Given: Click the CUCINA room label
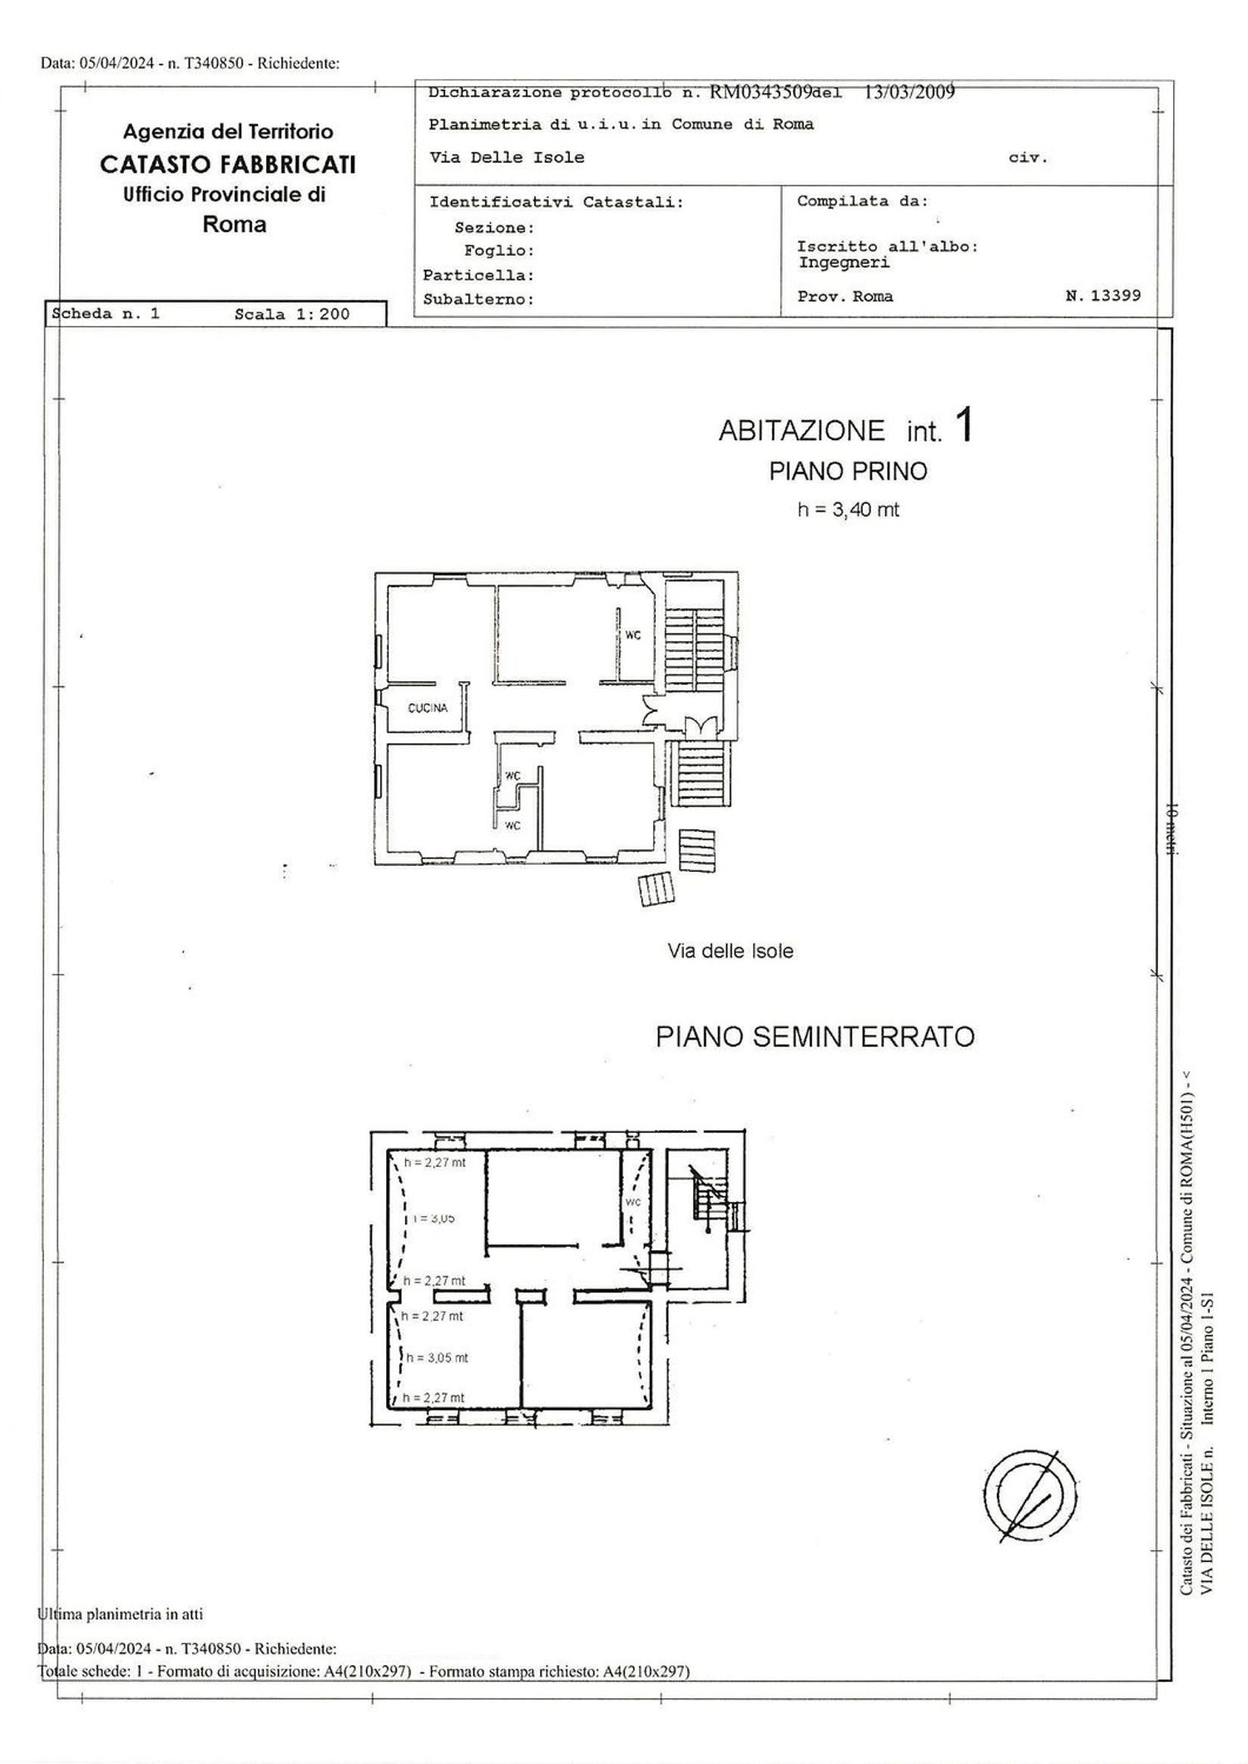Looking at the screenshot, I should pyautogui.click(x=428, y=709).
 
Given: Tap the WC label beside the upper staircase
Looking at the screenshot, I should pyautogui.click(x=633, y=635).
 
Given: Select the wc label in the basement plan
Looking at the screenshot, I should pyautogui.click(x=632, y=1203).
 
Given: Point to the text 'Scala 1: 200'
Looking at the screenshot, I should pyautogui.click(x=292, y=314).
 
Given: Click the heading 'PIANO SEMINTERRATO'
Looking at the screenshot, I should pyautogui.click(x=815, y=1037).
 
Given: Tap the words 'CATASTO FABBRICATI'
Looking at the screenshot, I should pyautogui.click(x=228, y=165).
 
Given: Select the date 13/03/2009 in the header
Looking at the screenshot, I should pyautogui.click(x=909, y=92).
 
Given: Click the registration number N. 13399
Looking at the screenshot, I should pyautogui.click(x=1103, y=295).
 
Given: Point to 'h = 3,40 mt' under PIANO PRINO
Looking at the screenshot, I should pyautogui.click(x=848, y=510).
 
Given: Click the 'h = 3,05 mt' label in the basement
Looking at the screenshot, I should pyautogui.click(x=437, y=1357).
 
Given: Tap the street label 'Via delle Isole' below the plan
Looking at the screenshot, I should pyautogui.click(x=730, y=951).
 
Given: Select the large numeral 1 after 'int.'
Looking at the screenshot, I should pyautogui.click(x=964, y=426).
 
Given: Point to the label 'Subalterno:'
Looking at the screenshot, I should pyautogui.click(x=478, y=299).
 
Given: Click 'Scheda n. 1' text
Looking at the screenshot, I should pyautogui.click(x=106, y=314).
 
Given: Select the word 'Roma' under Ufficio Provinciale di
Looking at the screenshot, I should pyautogui.click(x=235, y=225).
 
